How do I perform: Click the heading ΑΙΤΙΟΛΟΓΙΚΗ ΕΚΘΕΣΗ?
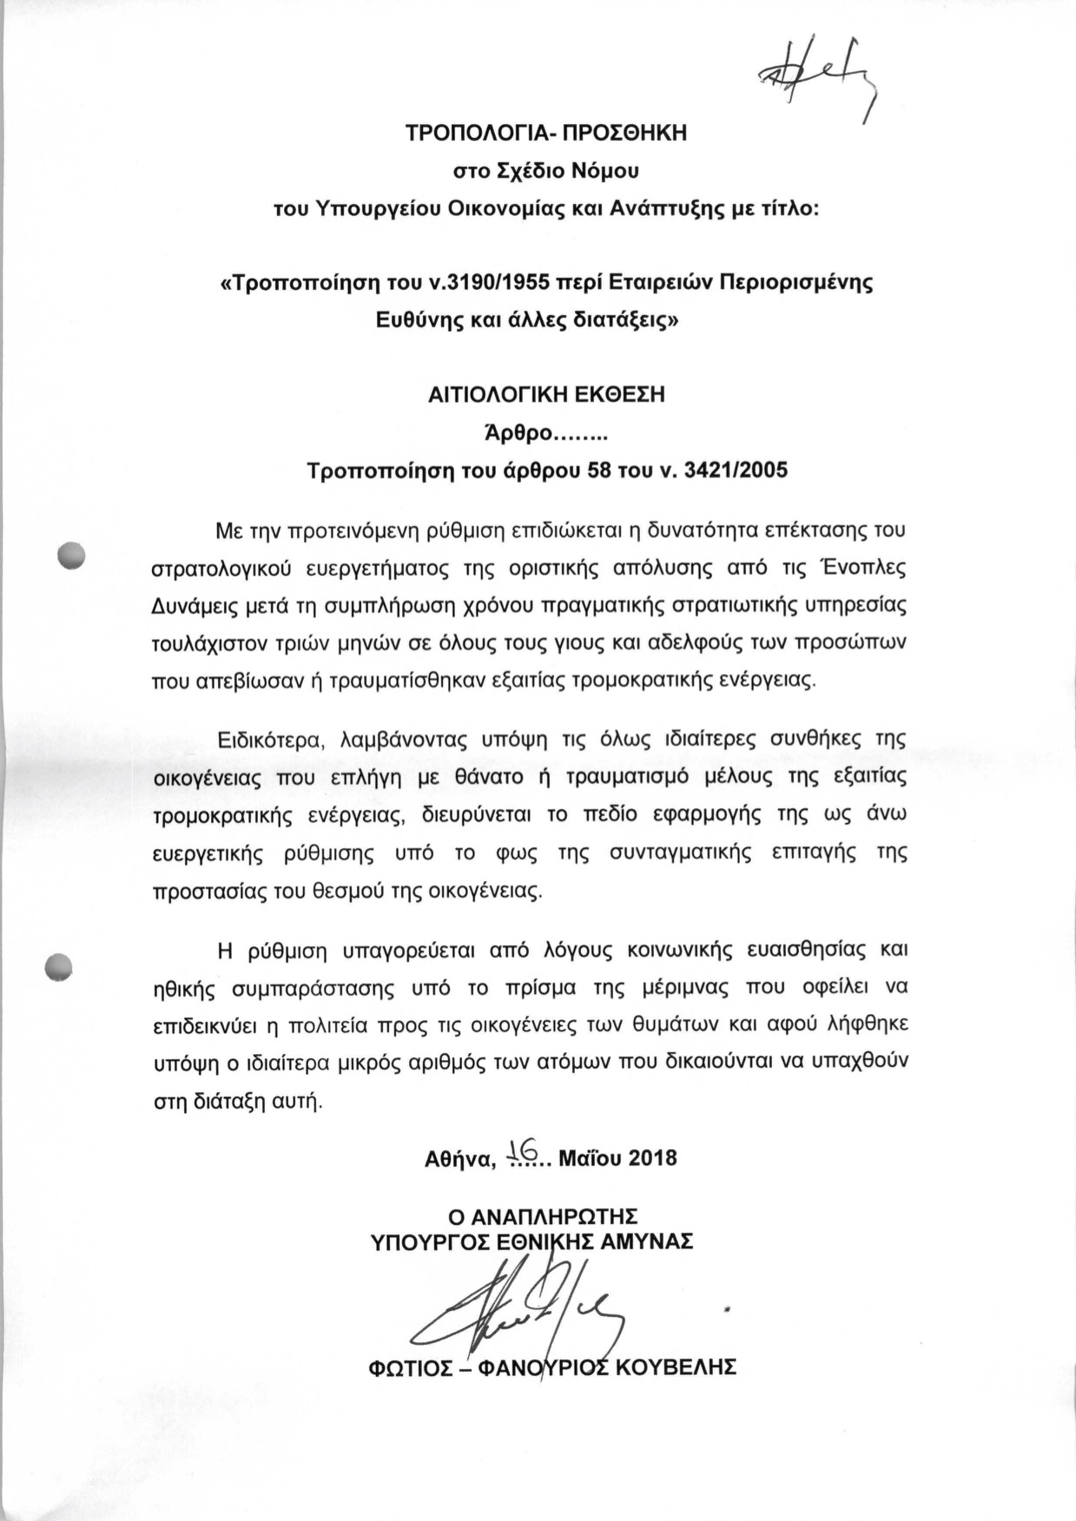click(546, 395)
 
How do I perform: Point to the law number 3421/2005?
click(736, 471)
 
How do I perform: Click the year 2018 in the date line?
click(652, 1158)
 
